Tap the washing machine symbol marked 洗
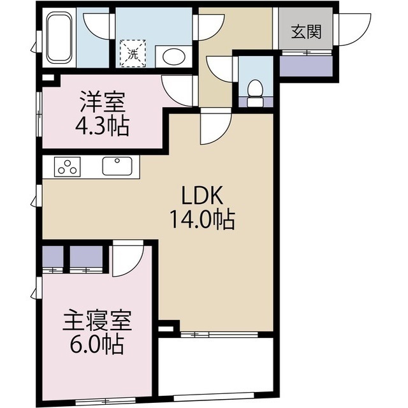click(133, 53)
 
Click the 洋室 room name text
click(102, 101)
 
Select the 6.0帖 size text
click(97, 346)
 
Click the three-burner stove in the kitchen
click(68, 167)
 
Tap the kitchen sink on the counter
click(117, 166)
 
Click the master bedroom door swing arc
click(127, 261)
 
